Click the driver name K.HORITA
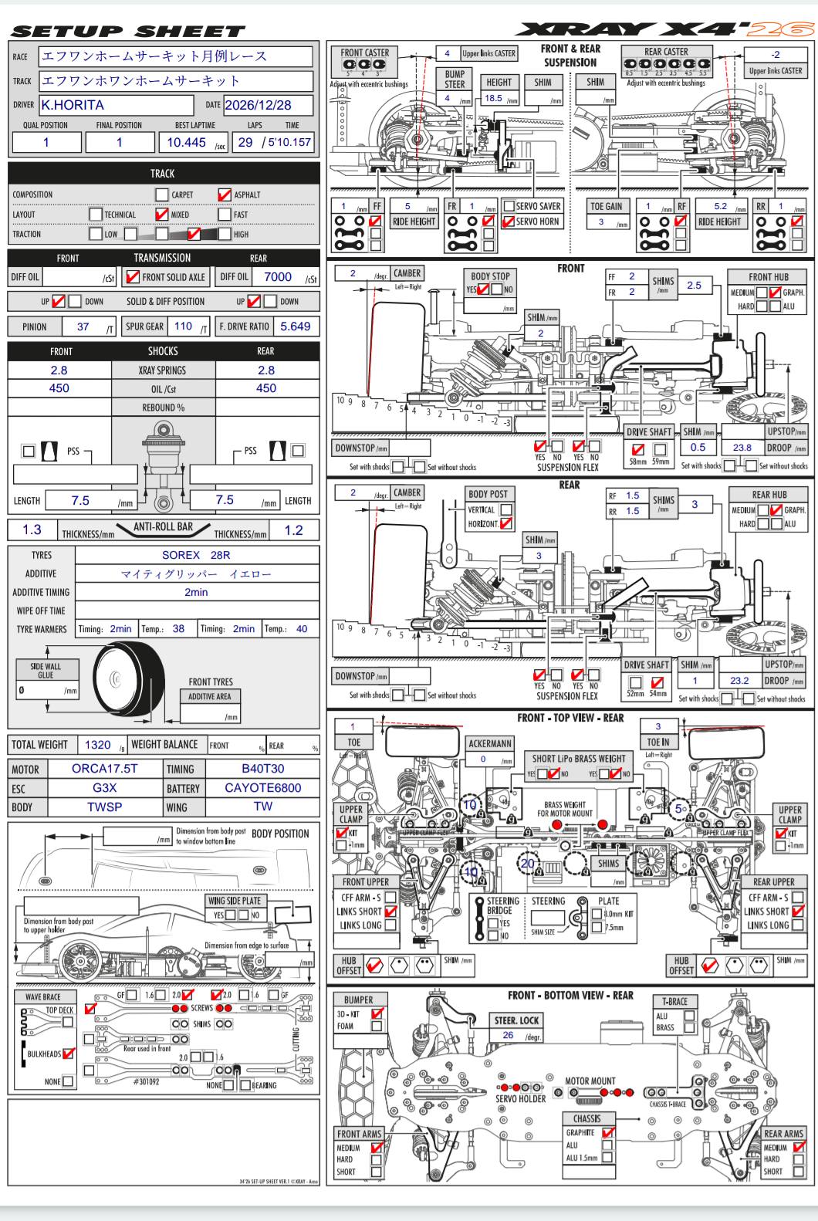point(73,105)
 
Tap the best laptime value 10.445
point(186,142)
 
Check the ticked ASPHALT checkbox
point(225,194)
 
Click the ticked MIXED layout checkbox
point(161,215)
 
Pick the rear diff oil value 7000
point(278,277)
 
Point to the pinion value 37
point(83,326)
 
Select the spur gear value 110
point(183,326)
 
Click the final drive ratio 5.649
point(295,326)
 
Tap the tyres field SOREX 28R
point(196,555)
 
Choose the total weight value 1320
point(97,745)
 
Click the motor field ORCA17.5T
point(104,769)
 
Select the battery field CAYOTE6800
point(262,788)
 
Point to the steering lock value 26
point(508,1035)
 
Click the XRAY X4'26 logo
point(664,29)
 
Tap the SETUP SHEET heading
point(128,32)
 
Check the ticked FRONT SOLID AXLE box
point(133,277)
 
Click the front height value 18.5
point(493,98)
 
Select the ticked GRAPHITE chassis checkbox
point(608,1132)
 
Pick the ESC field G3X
point(104,788)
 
